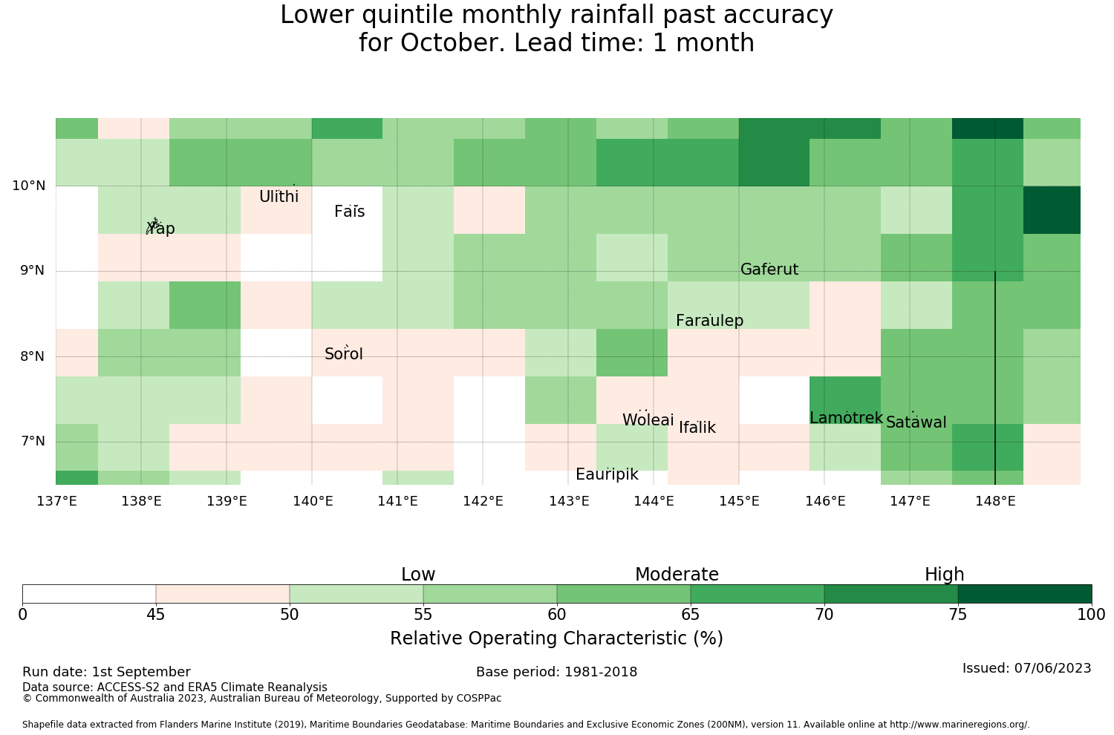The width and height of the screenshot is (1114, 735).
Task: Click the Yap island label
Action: pos(160,228)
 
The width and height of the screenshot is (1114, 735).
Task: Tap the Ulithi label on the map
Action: pos(279,197)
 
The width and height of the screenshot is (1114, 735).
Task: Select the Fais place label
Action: pos(350,212)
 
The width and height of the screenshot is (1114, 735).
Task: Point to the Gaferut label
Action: pos(769,269)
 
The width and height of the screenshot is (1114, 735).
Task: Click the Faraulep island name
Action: pos(710,321)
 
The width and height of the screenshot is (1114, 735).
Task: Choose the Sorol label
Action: pos(344,354)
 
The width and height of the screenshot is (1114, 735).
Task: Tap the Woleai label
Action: pos(648,419)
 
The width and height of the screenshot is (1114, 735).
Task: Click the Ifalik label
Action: pos(697,427)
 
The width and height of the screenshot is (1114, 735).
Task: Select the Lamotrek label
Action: pos(846,418)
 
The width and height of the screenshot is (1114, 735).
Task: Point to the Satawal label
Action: pos(916,422)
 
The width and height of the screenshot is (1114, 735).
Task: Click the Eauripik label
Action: pos(607,474)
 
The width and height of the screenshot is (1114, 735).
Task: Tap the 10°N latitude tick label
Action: pos(29,186)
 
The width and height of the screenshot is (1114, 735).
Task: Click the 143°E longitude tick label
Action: pos(569,501)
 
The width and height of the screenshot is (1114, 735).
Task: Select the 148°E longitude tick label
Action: pos(995,501)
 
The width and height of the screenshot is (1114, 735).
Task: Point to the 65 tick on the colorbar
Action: pos(690,615)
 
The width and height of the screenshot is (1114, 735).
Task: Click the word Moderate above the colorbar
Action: pos(677,575)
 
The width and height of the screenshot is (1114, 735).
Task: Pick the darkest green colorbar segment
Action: pos(1025,594)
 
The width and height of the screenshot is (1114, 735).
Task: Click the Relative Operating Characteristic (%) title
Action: pos(556,638)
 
